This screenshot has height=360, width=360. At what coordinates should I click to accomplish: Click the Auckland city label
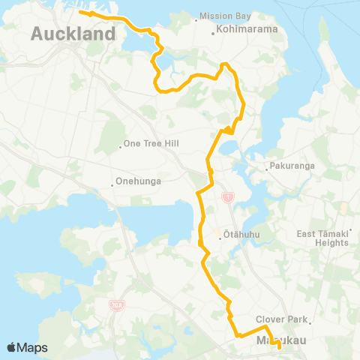(73, 34)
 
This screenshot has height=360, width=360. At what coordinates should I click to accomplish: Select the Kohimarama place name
(246, 31)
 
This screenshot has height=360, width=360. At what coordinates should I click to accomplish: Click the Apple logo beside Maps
(13, 347)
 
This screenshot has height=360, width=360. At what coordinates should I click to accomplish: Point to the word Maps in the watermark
(34, 347)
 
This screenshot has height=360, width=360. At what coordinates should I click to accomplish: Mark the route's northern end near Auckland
(80, 13)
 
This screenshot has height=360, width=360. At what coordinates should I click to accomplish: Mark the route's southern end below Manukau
(280, 346)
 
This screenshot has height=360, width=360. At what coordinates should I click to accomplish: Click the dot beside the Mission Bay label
(196, 19)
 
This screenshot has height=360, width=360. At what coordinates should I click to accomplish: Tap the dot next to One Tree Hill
(121, 145)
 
